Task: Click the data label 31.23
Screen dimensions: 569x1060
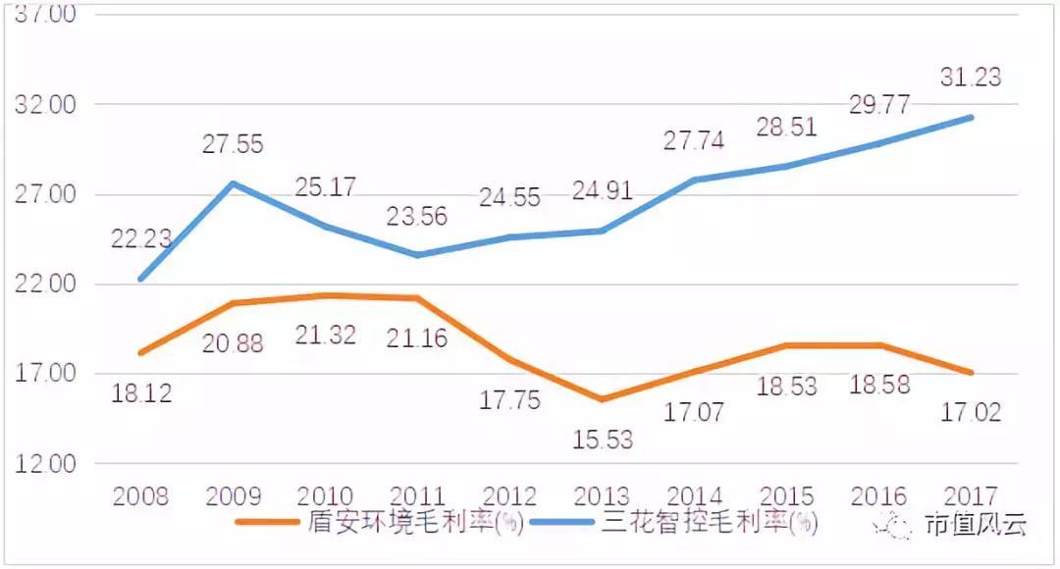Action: coord(970,78)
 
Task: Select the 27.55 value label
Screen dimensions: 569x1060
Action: coord(233,144)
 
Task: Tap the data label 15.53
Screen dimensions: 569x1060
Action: coord(602,439)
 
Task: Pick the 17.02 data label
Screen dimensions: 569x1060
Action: coord(970,411)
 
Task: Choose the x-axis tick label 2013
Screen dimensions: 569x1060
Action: coord(602,496)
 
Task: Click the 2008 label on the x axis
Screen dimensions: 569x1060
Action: coord(141,496)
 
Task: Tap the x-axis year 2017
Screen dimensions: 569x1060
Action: coord(970,496)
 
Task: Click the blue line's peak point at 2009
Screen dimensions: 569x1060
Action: coord(233,183)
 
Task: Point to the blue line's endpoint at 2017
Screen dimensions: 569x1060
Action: coord(971,118)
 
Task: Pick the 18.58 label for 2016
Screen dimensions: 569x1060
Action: coord(878,385)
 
